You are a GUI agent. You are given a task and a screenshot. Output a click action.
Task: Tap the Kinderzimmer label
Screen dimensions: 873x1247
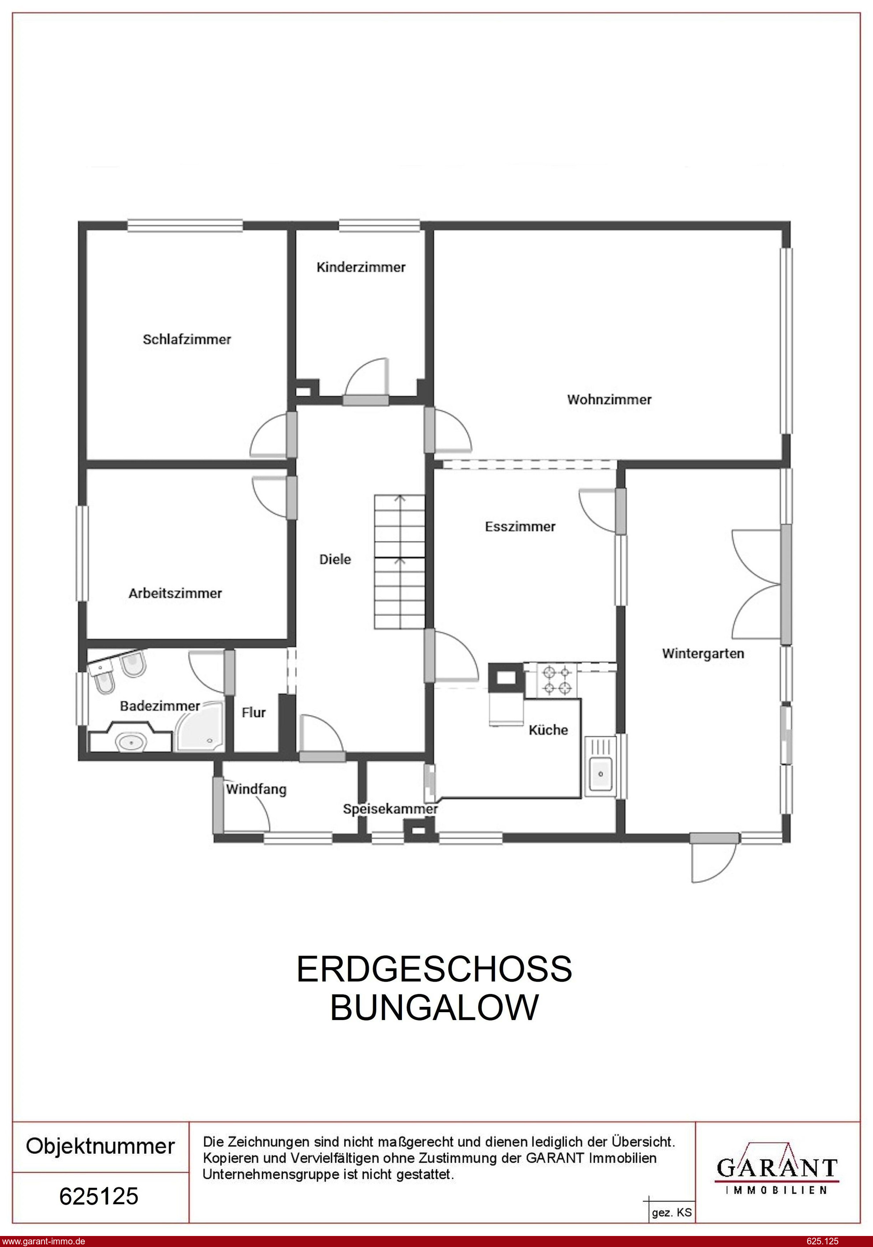361,267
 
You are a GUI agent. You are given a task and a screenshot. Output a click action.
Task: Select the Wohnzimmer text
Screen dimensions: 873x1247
609,400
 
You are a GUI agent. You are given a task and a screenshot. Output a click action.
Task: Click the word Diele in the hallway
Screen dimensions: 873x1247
335,559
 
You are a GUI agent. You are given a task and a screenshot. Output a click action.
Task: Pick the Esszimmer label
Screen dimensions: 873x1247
520,526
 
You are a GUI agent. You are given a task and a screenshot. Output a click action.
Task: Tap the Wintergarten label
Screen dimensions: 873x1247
703,653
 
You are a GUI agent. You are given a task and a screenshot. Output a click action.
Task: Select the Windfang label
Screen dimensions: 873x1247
256,789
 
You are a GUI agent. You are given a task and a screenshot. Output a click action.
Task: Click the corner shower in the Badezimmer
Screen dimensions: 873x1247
200,727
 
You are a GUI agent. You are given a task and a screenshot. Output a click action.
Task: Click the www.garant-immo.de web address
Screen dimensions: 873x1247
43,1241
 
